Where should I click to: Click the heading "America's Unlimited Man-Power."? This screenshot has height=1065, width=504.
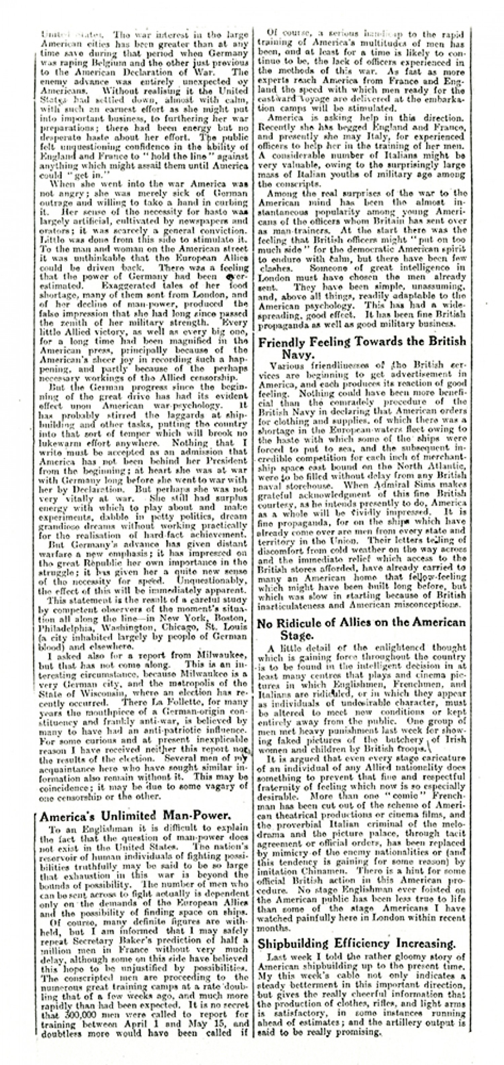(135, 816)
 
